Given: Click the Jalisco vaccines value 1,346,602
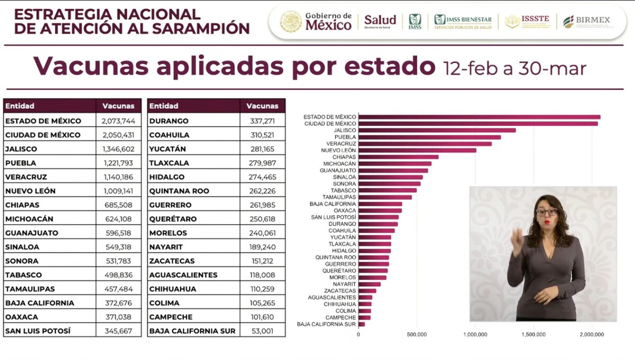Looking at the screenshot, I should [x=119, y=149].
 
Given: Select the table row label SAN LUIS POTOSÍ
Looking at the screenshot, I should [x=38, y=331].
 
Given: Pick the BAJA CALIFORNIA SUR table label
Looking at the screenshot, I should [x=192, y=331].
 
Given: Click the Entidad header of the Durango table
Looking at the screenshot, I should [x=164, y=106].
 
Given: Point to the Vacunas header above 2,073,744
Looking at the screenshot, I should [x=119, y=106].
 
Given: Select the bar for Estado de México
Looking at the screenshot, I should [x=479, y=117].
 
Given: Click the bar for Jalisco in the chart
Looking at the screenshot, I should [x=437, y=130].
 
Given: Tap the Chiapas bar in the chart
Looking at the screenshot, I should [x=398, y=157].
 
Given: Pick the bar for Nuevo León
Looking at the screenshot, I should [x=417, y=150].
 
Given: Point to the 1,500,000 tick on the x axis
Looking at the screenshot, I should [x=533, y=335].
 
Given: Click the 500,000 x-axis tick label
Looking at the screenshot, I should [x=417, y=335].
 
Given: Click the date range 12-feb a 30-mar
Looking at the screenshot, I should [x=514, y=68].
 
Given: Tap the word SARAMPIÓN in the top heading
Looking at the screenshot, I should [x=201, y=29].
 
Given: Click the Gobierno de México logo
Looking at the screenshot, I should [x=316, y=22].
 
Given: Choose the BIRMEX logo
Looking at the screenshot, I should [x=586, y=22].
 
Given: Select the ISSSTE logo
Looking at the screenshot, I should [x=527, y=22].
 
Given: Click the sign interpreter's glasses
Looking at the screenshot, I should [x=547, y=212].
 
